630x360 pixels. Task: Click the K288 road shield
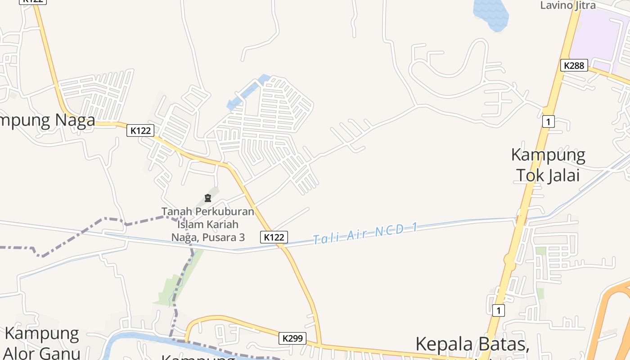574,65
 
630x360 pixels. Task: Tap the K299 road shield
292,338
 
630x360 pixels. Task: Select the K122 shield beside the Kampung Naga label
140,130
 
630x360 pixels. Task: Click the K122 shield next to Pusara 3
274,237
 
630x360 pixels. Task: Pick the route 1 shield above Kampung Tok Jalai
548,121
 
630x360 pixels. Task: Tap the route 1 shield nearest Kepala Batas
498,310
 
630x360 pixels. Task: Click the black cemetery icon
208,198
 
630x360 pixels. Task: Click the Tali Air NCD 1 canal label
365,234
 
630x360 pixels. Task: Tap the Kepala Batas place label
472,344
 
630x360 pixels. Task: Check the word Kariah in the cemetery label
220,224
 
